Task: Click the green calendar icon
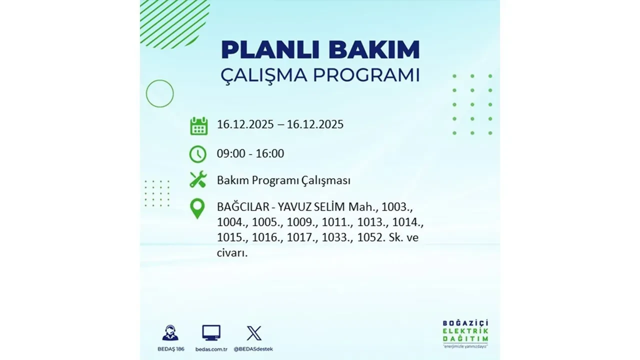pyautogui.click(x=198, y=125)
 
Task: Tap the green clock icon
pyautogui.click(x=198, y=154)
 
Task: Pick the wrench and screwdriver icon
pyautogui.click(x=198, y=180)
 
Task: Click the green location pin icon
pyautogui.click(x=198, y=208)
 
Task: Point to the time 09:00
pyautogui.click(x=231, y=154)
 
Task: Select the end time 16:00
pyautogui.click(x=270, y=154)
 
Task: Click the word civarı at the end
pyautogui.click(x=232, y=253)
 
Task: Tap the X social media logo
pyautogui.click(x=254, y=333)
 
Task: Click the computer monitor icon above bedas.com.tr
pyautogui.click(x=211, y=333)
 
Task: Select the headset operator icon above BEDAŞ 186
pyautogui.click(x=170, y=333)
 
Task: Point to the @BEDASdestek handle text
pyautogui.click(x=254, y=349)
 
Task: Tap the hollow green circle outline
pyautogui.click(x=159, y=93)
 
